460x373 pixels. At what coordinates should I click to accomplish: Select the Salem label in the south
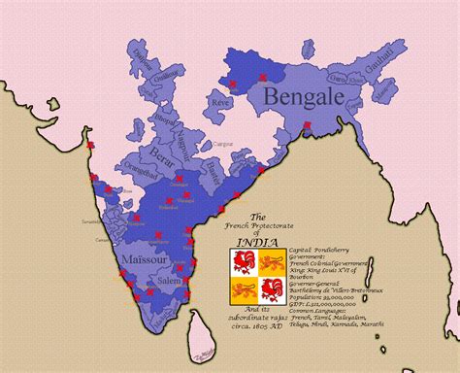tap(170, 280)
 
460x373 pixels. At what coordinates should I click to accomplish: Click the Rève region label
tap(222, 100)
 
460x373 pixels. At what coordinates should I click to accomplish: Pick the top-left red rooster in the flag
tap(243, 261)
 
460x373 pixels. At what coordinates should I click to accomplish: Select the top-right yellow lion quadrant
tap(271, 261)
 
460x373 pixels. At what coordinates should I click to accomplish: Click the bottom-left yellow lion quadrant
tap(243, 288)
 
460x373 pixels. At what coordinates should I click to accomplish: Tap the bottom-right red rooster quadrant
tap(271, 288)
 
